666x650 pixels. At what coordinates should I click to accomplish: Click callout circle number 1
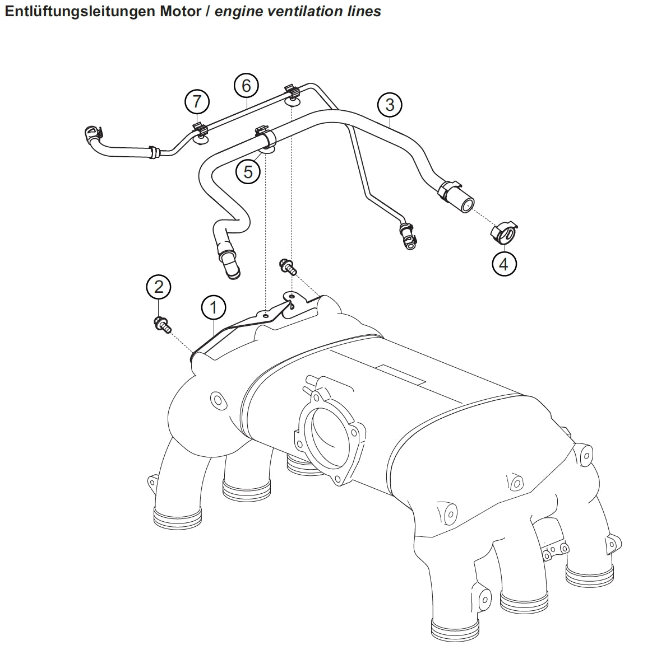click(213, 307)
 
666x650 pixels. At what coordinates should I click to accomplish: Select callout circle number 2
click(159, 287)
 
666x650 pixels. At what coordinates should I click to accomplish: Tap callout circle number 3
click(390, 104)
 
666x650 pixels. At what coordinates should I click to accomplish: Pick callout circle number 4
click(503, 263)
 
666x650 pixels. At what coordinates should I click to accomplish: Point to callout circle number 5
click(248, 171)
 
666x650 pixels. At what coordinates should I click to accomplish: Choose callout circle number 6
click(246, 86)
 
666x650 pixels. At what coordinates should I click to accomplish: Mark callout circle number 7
click(197, 101)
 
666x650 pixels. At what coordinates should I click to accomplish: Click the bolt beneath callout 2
click(163, 324)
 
